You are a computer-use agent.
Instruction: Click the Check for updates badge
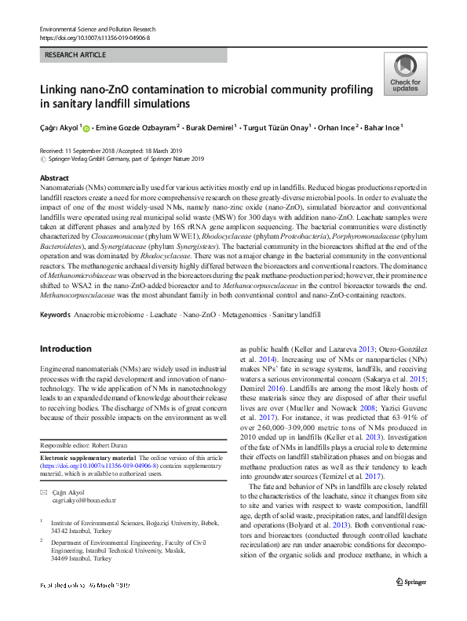pos(404,75)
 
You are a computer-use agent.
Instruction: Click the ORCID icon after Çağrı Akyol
pos(86,127)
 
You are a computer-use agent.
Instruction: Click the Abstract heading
pos(54,178)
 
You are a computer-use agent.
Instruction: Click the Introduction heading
pos(66,349)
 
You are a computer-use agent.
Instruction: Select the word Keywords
pos(55,315)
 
